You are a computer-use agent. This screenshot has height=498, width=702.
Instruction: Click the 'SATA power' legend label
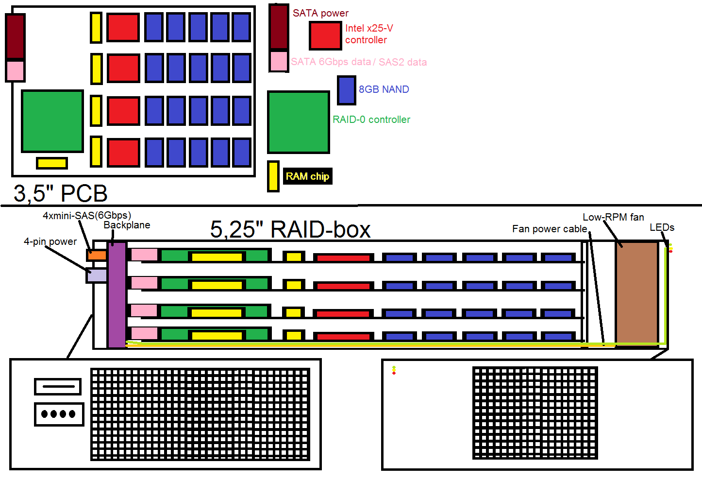click(320, 13)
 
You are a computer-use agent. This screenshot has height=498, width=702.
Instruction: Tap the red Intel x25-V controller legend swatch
click(325, 36)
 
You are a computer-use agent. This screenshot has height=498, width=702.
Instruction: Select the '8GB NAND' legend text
click(384, 89)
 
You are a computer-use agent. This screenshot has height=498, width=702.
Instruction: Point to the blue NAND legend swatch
click(347, 90)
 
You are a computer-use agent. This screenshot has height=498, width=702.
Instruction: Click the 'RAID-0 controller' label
click(371, 120)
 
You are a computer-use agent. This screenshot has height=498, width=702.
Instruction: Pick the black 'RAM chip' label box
click(308, 176)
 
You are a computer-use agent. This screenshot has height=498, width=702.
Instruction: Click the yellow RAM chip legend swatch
click(273, 176)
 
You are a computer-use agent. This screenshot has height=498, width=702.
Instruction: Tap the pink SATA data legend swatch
click(279, 61)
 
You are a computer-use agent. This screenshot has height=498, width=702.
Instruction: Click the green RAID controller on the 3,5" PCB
click(52, 121)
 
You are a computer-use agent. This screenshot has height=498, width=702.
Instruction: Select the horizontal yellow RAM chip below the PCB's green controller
click(52, 163)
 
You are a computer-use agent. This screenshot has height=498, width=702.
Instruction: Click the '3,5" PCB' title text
click(61, 193)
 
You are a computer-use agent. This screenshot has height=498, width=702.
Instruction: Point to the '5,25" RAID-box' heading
click(290, 229)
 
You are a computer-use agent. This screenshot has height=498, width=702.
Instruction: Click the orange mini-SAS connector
click(97, 255)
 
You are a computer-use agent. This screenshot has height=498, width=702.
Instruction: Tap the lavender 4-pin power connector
click(97, 275)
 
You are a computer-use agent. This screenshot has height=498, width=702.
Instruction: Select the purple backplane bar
click(117, 295)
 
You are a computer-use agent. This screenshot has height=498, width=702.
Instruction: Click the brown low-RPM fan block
click(636, 293)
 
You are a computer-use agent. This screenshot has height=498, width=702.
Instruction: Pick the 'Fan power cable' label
click(550, 229)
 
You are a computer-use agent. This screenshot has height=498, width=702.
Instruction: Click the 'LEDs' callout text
click(662, 227)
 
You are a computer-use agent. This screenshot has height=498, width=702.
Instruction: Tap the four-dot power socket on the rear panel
click(59, 414)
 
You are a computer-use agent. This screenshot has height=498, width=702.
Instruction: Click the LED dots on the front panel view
click(394, 370)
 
